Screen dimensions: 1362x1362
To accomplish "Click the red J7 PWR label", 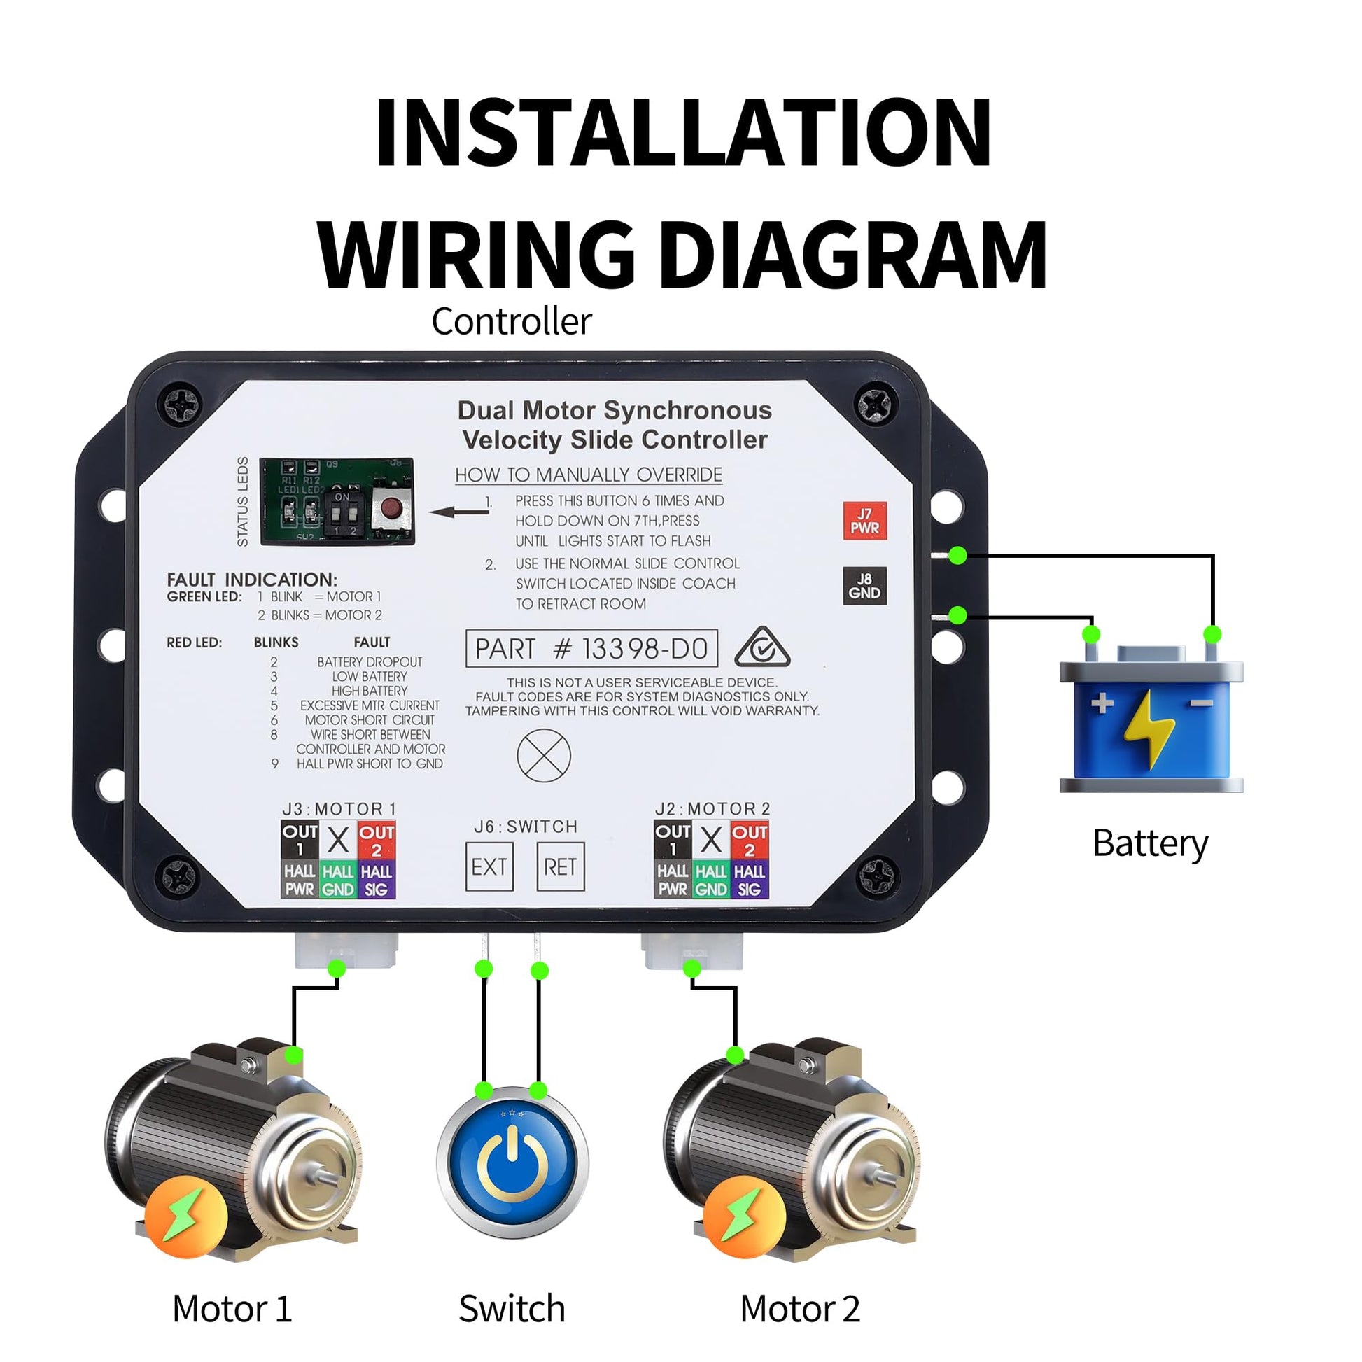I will (x=864, y=521).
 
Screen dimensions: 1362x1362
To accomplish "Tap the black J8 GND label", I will (x=864, y=586).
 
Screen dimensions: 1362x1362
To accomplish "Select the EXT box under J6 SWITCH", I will (x=489, y=866).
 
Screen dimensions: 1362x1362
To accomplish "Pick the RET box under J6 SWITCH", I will (x=561, y=866).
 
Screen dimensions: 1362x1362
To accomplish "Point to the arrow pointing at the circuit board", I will (x=459, y=511).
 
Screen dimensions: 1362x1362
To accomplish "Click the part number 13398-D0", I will (x=591, y=649).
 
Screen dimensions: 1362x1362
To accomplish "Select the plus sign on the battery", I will (x=1102, y=703).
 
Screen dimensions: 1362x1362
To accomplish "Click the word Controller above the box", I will (x=511, y=321).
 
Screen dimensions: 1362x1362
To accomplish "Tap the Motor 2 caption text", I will (x=800, y=1309).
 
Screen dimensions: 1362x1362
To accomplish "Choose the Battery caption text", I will (x=1150, y=843).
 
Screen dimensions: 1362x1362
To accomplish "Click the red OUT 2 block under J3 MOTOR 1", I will (x=377, y=840).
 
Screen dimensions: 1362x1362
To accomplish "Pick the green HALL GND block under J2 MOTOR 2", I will (x=710, y=880).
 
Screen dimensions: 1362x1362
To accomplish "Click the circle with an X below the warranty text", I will (x=544, y=756).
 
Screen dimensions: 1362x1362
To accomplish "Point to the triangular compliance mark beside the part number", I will (x=762, y=648).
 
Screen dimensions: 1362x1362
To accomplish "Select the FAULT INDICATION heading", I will (x=252, y=580).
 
